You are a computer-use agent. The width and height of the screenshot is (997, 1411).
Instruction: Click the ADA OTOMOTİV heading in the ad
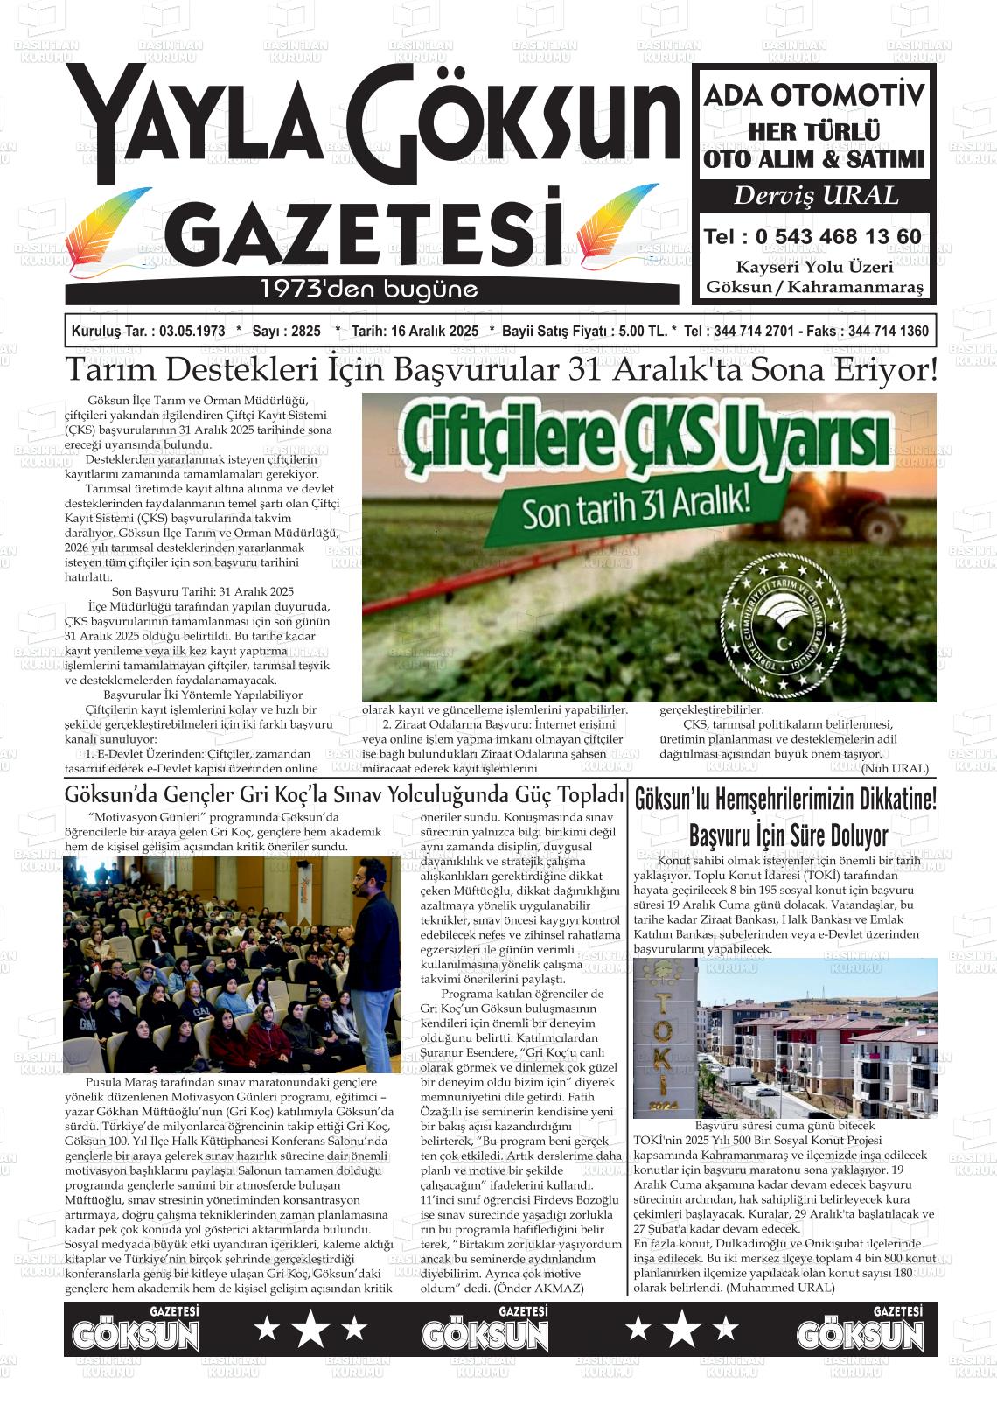[813, 94]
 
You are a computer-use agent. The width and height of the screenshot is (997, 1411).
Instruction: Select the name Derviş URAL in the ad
[815, 195]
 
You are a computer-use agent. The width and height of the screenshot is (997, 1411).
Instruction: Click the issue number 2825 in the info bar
[305, 332]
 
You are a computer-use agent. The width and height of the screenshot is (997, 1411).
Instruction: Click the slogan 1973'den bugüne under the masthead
[369, 290]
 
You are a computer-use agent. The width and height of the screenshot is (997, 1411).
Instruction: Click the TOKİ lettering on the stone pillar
[665, 1042]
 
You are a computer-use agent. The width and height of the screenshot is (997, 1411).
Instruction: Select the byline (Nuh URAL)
[895, 768]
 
